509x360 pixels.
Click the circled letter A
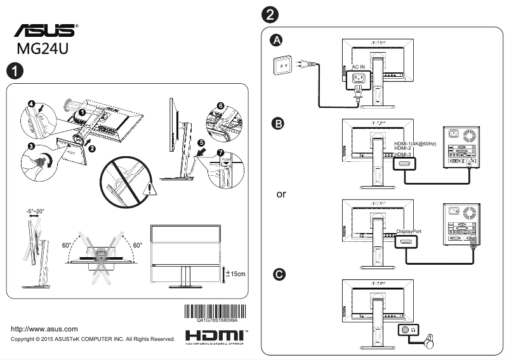pos(276,41)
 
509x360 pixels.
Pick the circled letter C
pos(277,274)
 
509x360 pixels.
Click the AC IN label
pos(359,67)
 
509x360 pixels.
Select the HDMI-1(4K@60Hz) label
pos(416,144)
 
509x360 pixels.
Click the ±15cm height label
pos(236,274)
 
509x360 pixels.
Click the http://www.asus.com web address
pos(45,329)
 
